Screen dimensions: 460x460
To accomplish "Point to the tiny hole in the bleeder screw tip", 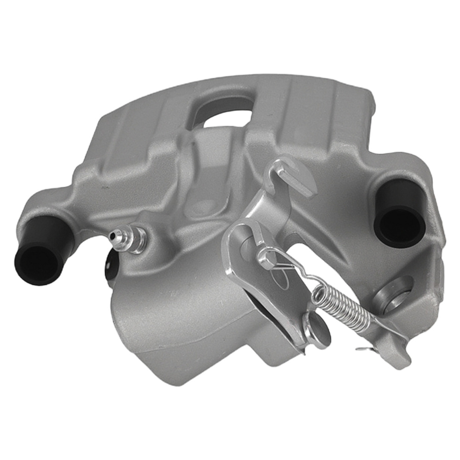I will click(112, 236).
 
